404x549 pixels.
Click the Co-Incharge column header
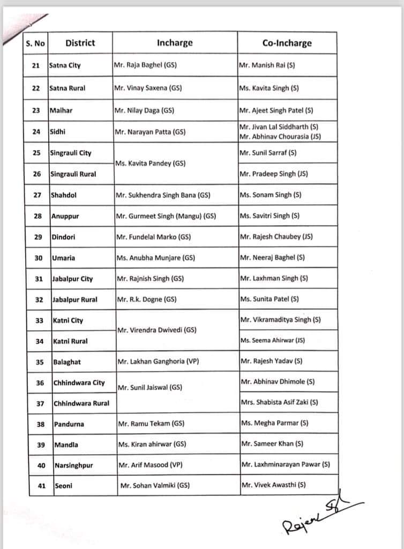(x=287, y=43)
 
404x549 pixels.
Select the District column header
(x=80, y=43)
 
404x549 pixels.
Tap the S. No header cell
(x=35, y=43)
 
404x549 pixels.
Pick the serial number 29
(x=38, y=237)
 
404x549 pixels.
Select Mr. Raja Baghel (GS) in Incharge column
(x=145, y=65)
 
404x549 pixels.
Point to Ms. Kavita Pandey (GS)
(x=149, y=164)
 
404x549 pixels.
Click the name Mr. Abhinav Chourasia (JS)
(x=280, y=137)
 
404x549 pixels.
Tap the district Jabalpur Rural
(x=74, y=300)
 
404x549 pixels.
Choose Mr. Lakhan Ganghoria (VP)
(x=158, y=362)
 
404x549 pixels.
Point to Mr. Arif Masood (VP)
(x=149, y=465)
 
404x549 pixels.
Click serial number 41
(x=41, y=486)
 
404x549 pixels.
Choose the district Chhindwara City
(x=79, y=383)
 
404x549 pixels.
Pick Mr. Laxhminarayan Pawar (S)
(x=286, y=465)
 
